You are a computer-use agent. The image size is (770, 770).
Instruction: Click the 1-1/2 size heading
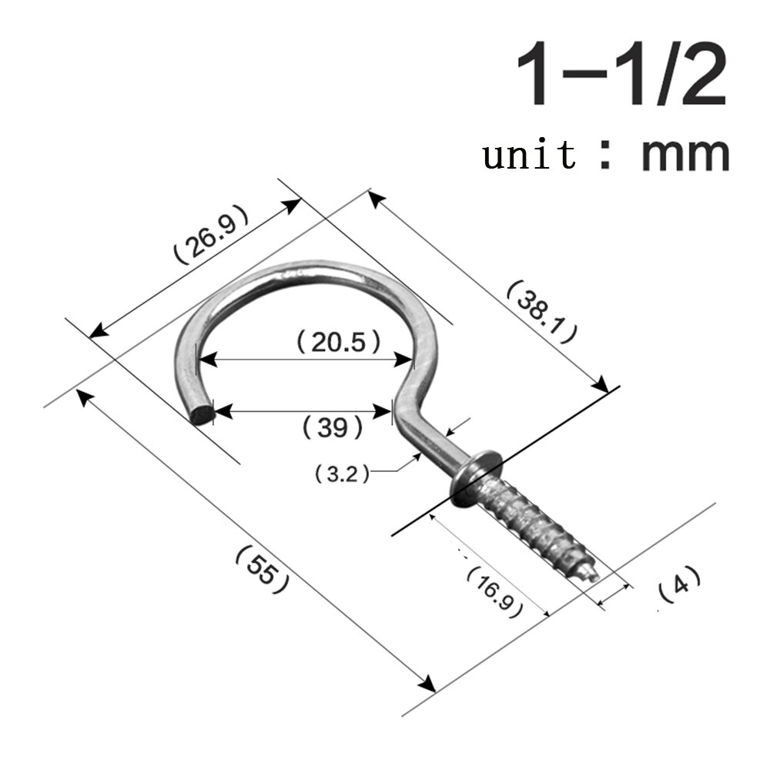coord(621,75)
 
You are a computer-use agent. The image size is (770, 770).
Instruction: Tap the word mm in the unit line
coord(685,153)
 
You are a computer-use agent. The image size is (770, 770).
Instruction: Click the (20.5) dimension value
coord(340,342)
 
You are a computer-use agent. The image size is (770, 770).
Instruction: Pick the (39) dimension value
coord(333,426)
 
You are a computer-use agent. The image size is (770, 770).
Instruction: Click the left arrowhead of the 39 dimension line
coord(219,412)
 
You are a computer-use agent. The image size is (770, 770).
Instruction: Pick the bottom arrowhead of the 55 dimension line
coord(428,684)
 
